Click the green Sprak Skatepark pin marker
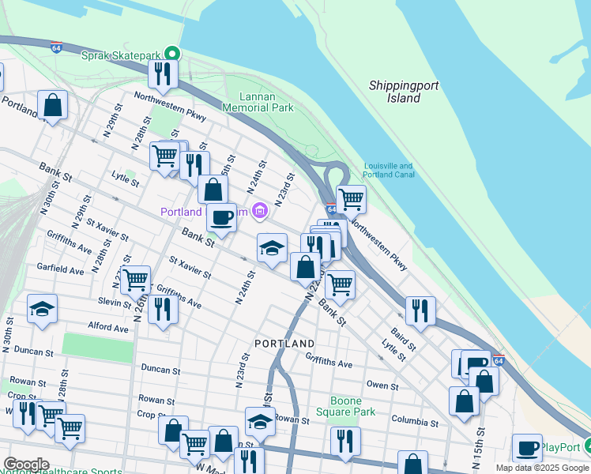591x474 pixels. click(171, 55)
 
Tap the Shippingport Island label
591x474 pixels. click(404, 91)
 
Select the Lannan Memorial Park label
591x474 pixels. click(257, 102)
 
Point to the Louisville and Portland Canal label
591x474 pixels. click(388, 171)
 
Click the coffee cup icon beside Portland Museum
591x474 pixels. click(221, 216)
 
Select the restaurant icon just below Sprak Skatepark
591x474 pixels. click(163, 74)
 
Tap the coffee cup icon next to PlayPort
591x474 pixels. click(527, 448)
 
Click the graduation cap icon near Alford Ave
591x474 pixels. click(42, 308)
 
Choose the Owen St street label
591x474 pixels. click(382, 386)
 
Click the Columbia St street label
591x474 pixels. click(412, 423)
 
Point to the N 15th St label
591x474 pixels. click(479, 446)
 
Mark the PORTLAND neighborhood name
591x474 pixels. click(284, 344)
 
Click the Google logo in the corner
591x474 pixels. click(25, 465)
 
